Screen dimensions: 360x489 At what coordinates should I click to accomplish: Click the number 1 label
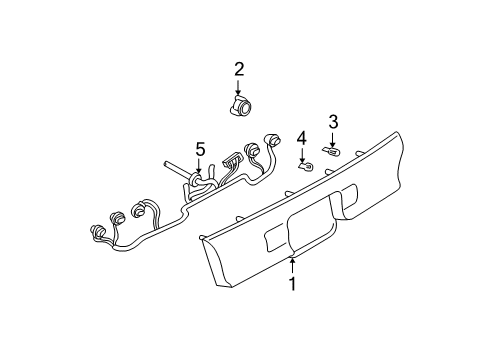(292, 285)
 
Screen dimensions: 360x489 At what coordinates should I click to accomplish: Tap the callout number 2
(239, 69)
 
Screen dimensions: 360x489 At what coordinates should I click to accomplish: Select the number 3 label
(333, 122)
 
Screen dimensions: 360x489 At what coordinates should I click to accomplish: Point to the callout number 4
(301, 137)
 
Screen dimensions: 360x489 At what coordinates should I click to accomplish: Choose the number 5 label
(199, 149)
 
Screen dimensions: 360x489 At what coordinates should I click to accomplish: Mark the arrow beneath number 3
(333, 139)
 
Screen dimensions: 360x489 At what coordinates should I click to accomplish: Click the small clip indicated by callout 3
(330, 152)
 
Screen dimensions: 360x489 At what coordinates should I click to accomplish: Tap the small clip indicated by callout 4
(307, 163)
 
